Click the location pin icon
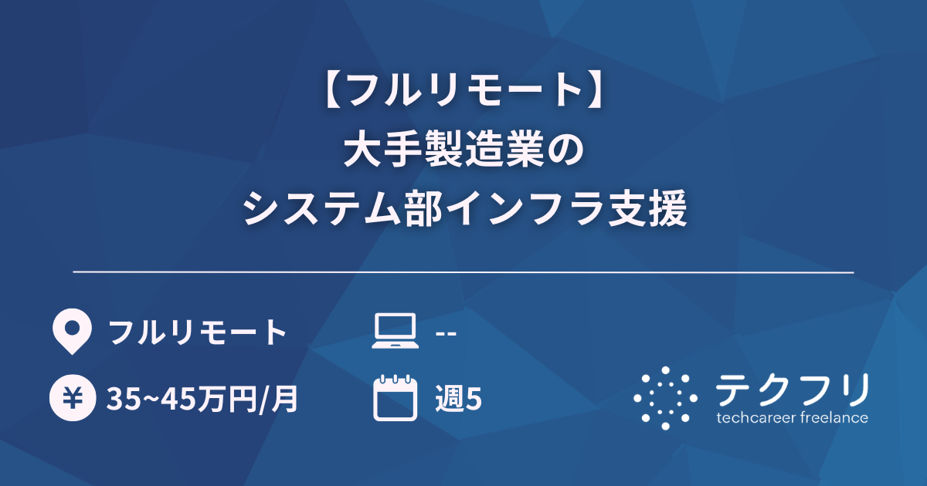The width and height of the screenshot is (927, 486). click(x=71, y=332)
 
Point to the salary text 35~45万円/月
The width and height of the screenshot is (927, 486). click(x=202, y=399)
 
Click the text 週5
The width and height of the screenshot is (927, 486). click(x=459, y=399)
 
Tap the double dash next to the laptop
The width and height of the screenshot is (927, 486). click(x=447, y=333)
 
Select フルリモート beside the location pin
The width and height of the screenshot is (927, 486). click(x=197, y=333)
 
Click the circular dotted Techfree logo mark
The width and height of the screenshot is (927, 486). click(x=665, y=397)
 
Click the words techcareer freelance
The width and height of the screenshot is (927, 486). click(x=792, y=419)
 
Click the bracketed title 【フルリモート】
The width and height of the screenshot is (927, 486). click(x=463, y=93)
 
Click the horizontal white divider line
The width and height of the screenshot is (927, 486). click(x=463, y=272)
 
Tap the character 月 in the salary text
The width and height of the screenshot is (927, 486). click(x=287, y=399)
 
